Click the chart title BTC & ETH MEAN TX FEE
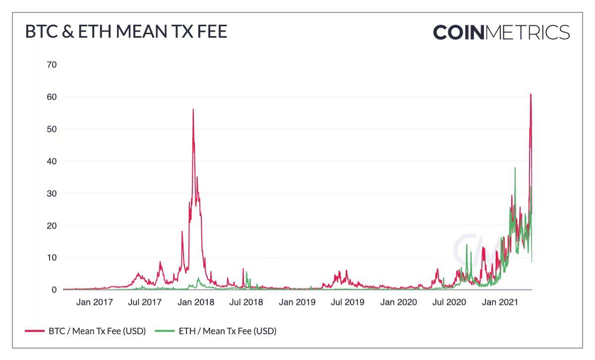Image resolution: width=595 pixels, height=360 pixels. [x=126, y=32]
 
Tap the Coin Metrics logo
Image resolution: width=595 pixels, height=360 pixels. [x=501, y=32]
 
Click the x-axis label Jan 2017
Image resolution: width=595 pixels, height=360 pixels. [x=94, y=301]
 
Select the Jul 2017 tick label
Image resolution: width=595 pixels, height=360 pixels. [x=145, y=301]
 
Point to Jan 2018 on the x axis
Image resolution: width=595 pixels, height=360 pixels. [x=196, y=301]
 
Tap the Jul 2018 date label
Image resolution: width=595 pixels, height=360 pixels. [x=246, y=301]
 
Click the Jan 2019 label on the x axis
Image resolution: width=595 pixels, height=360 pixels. [x=297, y=301]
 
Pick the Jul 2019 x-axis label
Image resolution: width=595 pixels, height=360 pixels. [x=348, y=301]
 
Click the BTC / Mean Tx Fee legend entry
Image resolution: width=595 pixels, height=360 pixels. [x=85, y=331]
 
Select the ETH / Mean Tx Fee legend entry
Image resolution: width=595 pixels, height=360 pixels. [x=216, y=331]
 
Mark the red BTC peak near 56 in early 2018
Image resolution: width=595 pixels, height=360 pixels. [x=193, y=110]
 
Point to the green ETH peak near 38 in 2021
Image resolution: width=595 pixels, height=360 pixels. [x=515, y=168]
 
